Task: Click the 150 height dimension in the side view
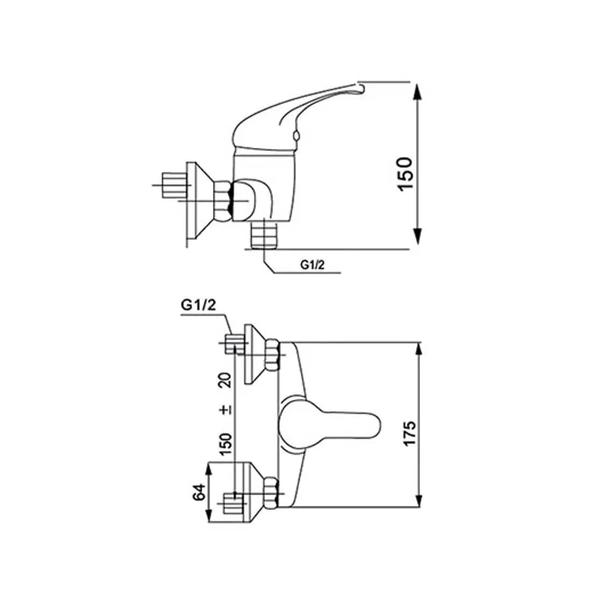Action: coord(405,174)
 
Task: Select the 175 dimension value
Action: coord(410,433)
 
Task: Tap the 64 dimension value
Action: coord(199,492)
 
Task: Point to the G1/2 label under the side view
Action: coord(312,264)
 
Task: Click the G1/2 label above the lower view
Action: coord(198,305)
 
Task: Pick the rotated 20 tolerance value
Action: coord(225,379)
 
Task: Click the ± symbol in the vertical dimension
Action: coord(225,410)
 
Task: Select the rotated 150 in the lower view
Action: coord(225,443)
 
